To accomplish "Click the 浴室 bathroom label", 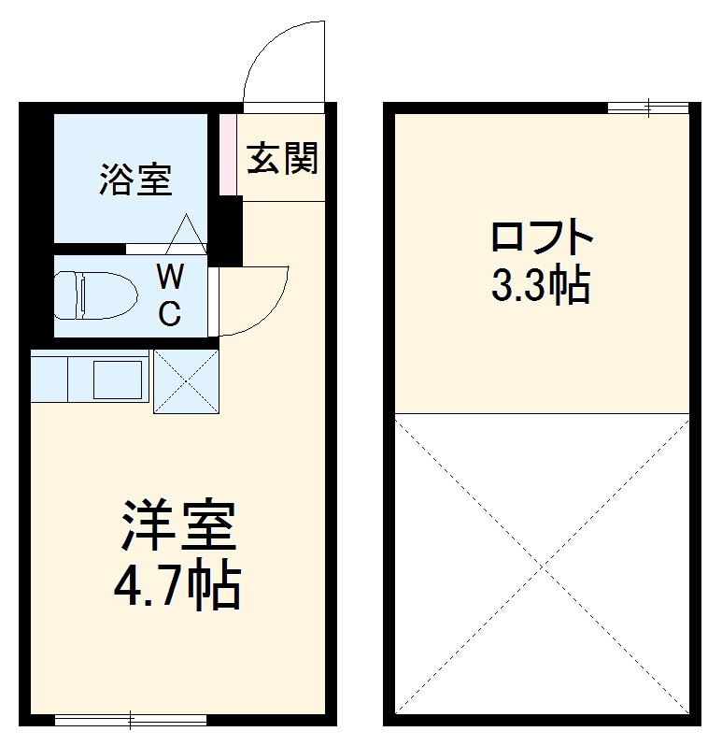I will point(136,179).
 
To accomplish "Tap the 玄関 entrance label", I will point(282,159).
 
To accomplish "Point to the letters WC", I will point(169,295).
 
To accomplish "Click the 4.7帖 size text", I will point(177,586).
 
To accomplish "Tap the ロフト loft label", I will point(542,239).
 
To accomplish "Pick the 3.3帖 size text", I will point(542,287).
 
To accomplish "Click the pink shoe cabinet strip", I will point(225,154).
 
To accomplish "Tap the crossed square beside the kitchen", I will point(185,381).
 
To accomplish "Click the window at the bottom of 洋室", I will point(131,720).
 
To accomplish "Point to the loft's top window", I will point(648,108).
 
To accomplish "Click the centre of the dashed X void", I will point(542,566).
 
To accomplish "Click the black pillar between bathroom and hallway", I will point(225,229).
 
